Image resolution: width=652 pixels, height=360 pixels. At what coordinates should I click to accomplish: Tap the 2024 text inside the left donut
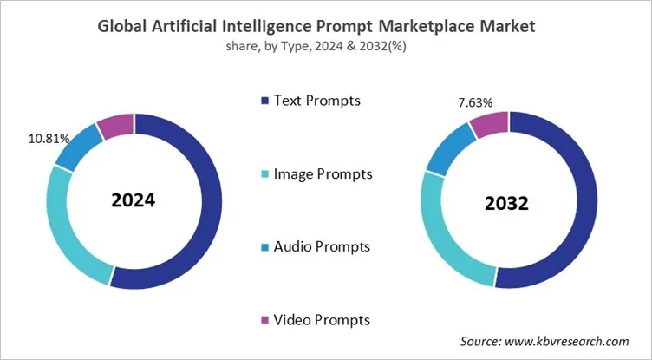(133, 200)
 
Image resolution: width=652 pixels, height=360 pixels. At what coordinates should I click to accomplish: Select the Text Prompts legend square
(263, 101)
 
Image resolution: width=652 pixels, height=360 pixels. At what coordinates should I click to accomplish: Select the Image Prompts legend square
(263, 174)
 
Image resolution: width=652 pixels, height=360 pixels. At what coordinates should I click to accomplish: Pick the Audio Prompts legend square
(263, 247)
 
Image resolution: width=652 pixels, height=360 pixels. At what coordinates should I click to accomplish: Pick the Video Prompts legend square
(263, 321)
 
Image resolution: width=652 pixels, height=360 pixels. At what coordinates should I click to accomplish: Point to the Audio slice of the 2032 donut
(447, 150)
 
